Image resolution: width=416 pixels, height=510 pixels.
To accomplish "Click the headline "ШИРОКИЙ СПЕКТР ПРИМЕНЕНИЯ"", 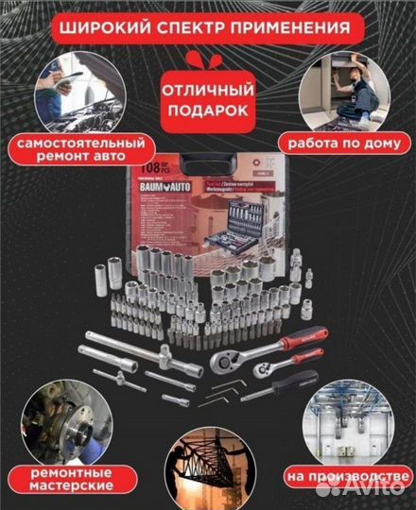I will [207, 25].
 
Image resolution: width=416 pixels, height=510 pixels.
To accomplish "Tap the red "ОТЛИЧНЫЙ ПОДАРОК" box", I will [208, 100].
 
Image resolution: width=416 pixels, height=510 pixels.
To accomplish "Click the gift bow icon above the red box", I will [208, 59].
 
